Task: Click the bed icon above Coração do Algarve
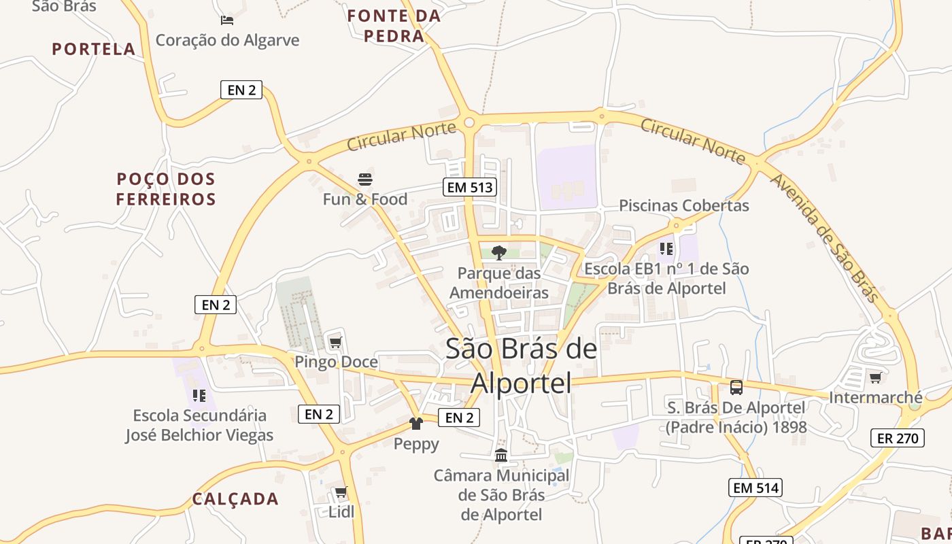(x=227, y=20)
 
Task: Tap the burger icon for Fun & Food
(x=365, y=180)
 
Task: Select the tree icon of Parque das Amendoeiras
(x=499, y=253)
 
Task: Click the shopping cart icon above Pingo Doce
(x=335, y=342)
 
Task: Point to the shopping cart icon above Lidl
(x=341, y=492)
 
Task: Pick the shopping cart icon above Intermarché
(x=875, y=377)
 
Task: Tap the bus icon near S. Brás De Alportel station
(x=736, y=388)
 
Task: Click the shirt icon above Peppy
(x=416, y=424)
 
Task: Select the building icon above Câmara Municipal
(x=501, y=455)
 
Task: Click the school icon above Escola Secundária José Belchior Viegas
(x=199, y=395)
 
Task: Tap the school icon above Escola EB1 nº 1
(x=666, y=248)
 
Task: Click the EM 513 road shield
(x=469, y=187)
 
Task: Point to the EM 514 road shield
(x=755, y=487)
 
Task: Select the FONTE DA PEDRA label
(x=394, y=26)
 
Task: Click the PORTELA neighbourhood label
(x=94, y=49)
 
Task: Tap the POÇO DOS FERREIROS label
(x=166, y=189)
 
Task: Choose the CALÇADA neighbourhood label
(x=235, y=499)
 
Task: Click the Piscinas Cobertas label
(x=683, y=205)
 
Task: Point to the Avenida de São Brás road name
(x=824, y=237)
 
